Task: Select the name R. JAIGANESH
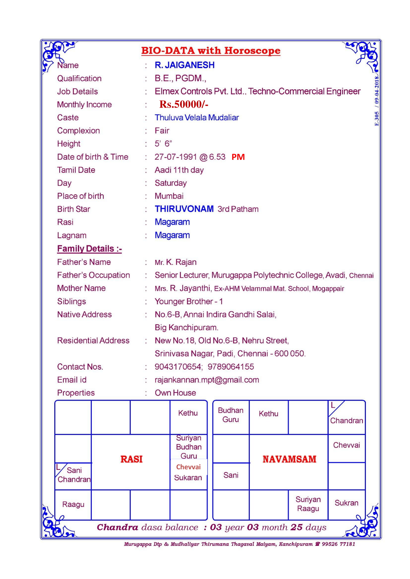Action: click(184, 65)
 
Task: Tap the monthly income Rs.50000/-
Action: click(184, 104)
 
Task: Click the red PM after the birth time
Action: click(238, 157)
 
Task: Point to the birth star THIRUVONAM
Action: click(184, 209)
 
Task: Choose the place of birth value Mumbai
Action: click(169, 196)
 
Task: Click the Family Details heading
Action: click(89, 249)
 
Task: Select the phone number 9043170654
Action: click(178, 367)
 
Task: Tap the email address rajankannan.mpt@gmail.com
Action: click(207, 380)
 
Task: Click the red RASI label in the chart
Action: click(131, 459)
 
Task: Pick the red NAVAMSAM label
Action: click(289, 459)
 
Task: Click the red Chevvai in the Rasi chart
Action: click(188, 467)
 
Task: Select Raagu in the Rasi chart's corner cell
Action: click(73, 504)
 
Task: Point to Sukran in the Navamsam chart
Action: click(346, 503)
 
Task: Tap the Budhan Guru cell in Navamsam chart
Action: click(230, 415)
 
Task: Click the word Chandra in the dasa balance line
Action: click(117, 527)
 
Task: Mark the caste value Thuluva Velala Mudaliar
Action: click(197, 118)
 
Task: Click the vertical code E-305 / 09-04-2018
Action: click(376, 101)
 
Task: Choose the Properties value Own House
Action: click(175, 393)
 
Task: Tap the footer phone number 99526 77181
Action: click(338, 544)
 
